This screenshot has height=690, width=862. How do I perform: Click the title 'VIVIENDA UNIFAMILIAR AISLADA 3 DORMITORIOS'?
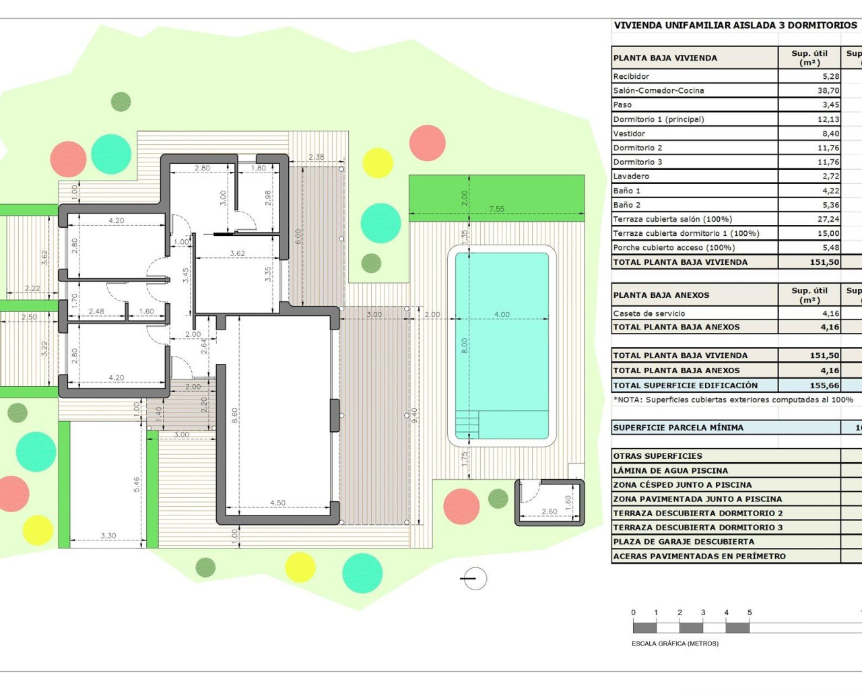[735, 26]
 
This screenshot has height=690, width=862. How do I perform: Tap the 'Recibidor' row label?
[631, 76]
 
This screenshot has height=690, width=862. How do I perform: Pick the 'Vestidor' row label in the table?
[629, 133]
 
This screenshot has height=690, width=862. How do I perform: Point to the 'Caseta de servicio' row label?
[649, 313]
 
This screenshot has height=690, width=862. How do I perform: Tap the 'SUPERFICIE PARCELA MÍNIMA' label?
[678, 427]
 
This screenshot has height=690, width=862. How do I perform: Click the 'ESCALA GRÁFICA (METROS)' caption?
[675, 644]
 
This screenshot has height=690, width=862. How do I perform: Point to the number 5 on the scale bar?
[750, 613]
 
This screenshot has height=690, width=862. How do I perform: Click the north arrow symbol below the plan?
[474, 578]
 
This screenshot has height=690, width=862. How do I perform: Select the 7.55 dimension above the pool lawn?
[496, 209]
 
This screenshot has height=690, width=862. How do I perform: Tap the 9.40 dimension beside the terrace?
[415, 415]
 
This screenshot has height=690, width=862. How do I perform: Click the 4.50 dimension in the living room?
[277, 503]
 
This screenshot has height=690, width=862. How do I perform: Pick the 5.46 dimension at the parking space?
[137, 484]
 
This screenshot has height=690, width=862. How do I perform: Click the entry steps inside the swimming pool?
[467, 425]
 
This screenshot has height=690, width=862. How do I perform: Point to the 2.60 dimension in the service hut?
[550, 511]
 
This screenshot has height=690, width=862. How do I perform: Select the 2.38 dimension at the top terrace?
[316, 157]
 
